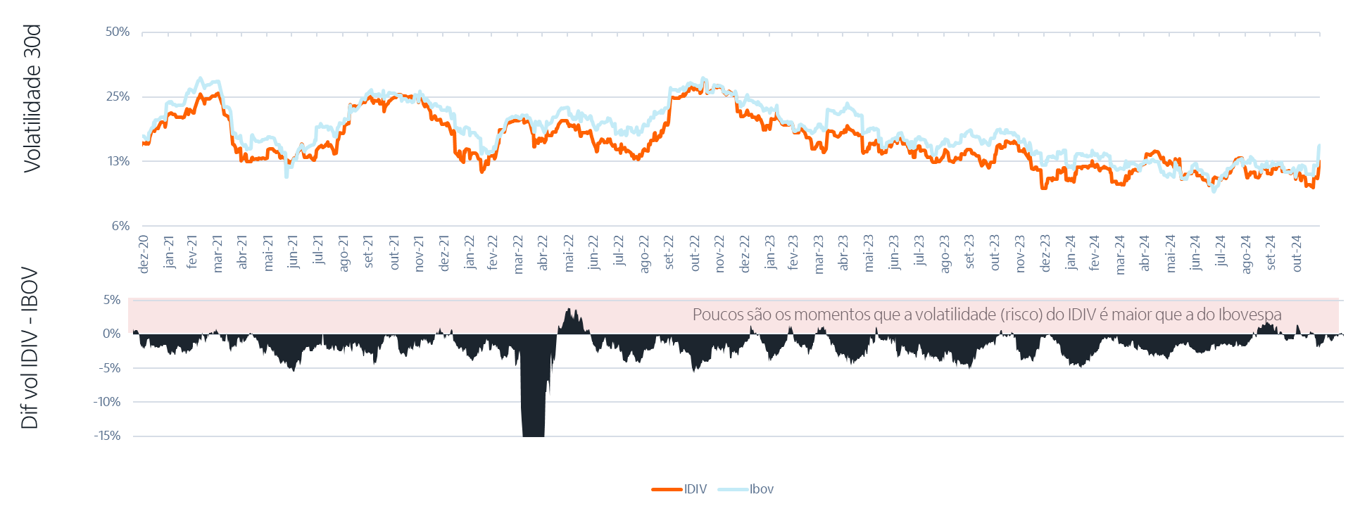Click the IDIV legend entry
(695, 489)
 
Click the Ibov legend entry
(762, 489)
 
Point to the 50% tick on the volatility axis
(118, 32)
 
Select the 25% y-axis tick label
(118, 96)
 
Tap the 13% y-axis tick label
(118, 161)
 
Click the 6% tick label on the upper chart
(120, 226)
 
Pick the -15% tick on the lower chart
(108, 436)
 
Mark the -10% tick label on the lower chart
(108, 402)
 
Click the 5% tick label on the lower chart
(112, 300)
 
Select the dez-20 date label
(144, 254)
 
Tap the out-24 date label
(1297, 253)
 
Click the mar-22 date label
(520, 254)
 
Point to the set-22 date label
(669, 253)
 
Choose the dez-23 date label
(1046, 253)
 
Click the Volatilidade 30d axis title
(32, 98)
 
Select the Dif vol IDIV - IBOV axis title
(30, 349)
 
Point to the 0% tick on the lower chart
(112, 334)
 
